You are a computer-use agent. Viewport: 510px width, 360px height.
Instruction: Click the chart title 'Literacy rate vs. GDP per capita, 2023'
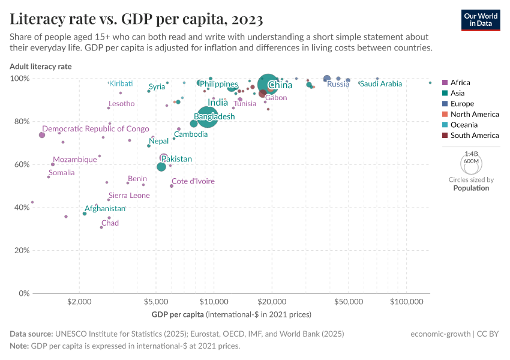136,19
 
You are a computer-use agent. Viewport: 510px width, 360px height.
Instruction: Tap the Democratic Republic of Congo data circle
42,135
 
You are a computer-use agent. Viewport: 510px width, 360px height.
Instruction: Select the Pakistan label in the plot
176,159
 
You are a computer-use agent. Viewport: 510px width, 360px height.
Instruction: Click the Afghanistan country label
105,209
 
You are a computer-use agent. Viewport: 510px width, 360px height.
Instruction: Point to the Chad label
110,223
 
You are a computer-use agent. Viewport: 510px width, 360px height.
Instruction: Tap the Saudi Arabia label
380,84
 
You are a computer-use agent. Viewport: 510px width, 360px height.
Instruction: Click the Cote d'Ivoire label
193,181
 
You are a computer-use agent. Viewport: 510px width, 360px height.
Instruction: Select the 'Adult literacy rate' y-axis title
40,67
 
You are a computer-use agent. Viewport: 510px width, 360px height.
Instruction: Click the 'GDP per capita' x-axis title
178,314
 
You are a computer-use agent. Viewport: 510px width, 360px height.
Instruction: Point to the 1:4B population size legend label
471,154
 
